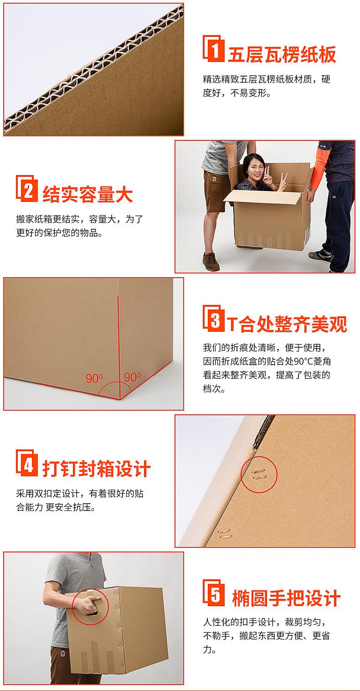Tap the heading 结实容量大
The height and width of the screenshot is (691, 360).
pos(87,194)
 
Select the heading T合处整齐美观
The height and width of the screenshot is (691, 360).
pos(287,324)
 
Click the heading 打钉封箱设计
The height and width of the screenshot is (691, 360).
pos(96,468)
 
